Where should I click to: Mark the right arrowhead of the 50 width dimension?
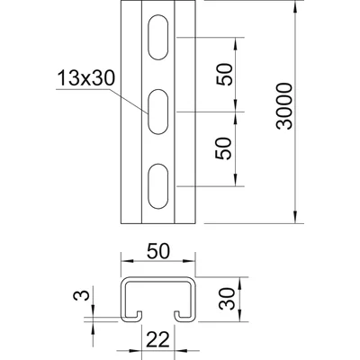(192, 264)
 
